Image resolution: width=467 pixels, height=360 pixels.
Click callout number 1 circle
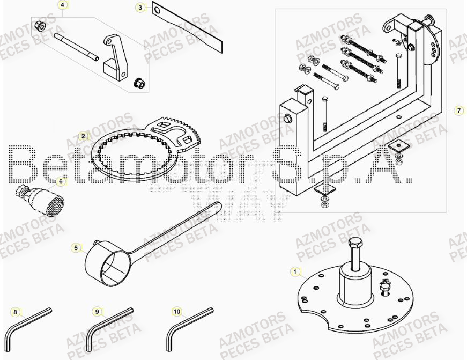coord(294,272)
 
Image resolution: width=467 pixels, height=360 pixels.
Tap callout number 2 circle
coord(83,136)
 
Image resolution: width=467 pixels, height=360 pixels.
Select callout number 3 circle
coord(140,8)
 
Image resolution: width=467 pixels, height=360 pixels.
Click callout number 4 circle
coord(62,5)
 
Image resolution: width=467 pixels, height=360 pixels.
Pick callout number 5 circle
coord(76,248)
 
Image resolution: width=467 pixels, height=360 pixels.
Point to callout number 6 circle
coord(61,182)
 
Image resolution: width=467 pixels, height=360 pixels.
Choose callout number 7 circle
coord(458,111)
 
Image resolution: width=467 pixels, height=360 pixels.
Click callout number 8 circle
coord(15,312)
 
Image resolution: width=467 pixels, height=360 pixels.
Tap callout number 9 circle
coord(97,311)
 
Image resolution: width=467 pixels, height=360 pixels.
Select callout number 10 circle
coord(176,311)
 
